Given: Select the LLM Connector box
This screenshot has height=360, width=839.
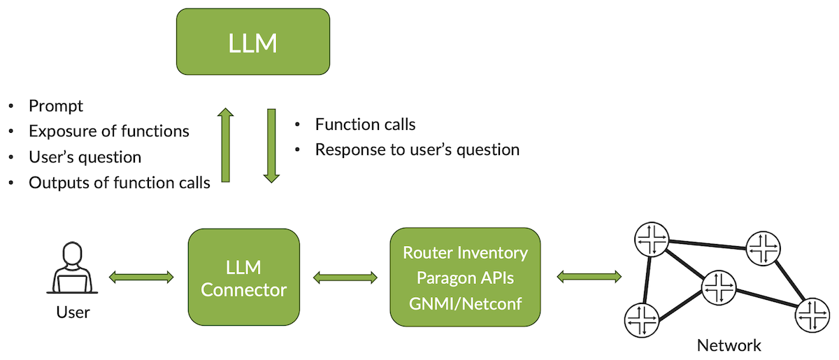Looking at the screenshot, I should [x=244, y=278].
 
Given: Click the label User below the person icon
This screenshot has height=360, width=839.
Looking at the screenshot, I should [x=73, y=312].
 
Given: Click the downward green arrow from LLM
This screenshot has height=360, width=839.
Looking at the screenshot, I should [x=271, y=145].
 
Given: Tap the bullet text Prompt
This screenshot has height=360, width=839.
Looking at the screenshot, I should [x=56, y=106].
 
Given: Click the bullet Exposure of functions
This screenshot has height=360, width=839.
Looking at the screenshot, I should [x=108, y=131].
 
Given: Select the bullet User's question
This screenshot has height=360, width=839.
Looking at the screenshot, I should [x=85, y=157].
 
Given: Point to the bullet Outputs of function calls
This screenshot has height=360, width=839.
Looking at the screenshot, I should [x=119, y=183].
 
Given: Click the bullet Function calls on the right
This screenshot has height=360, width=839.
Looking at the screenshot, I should [x=365, y=124].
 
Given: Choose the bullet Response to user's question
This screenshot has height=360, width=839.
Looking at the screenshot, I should [x=417, y=150].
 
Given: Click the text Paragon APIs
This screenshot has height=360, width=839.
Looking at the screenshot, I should [x=465, y=278].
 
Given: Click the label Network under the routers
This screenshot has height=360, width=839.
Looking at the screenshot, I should [x=729, y=345].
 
